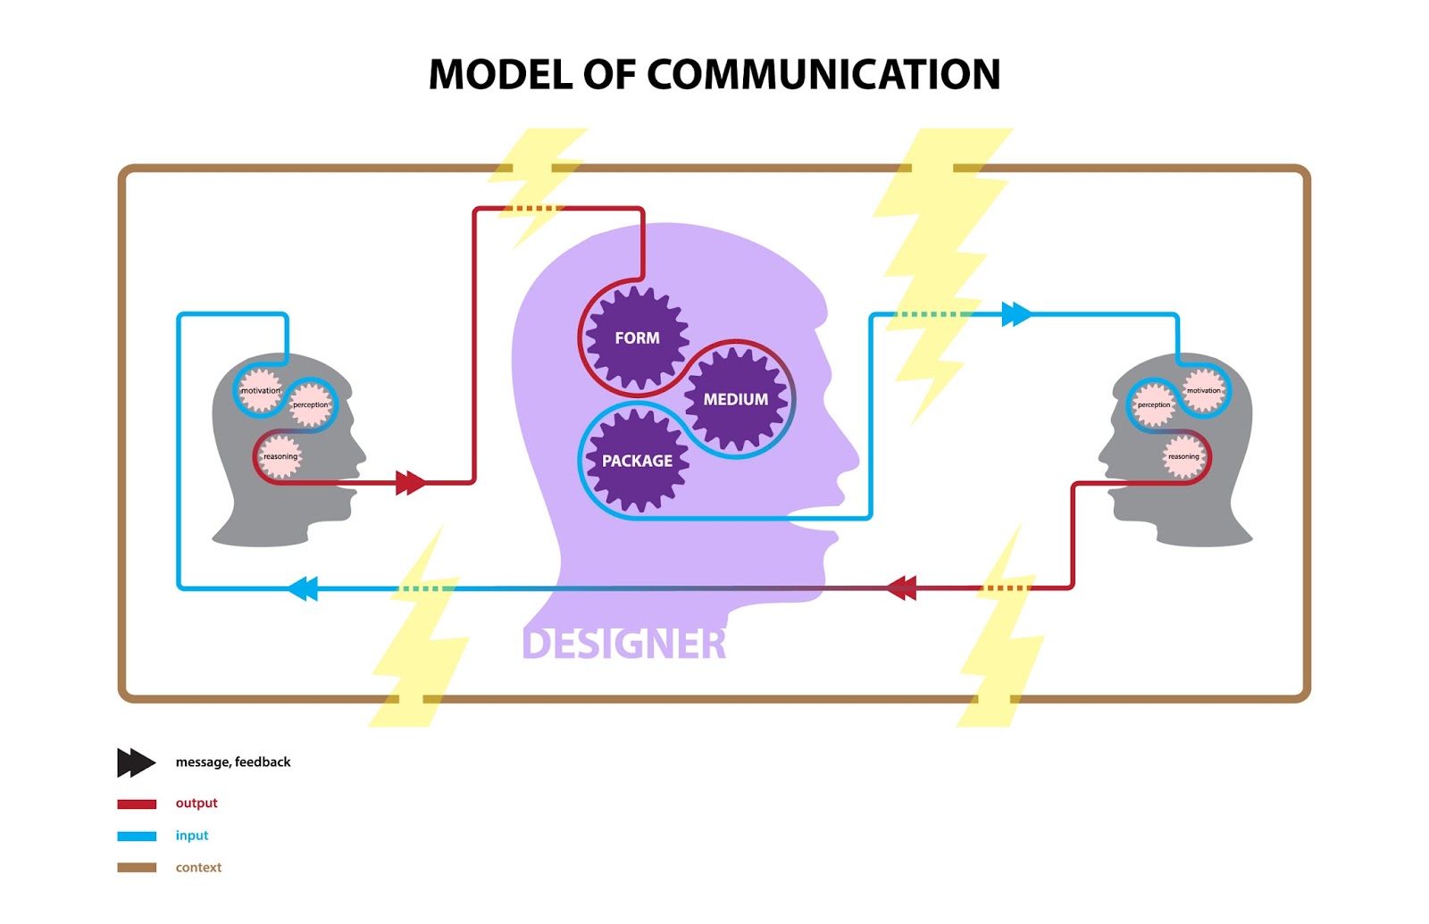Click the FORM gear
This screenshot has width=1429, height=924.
click(637, 338)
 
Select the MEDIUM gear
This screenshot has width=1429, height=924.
click(735, 399)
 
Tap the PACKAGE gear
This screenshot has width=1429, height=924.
click(637, 461)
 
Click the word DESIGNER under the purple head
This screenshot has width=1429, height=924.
click(623, 644)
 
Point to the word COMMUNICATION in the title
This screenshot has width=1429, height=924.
click(823, 74)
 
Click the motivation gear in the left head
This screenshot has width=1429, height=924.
click(260, 391)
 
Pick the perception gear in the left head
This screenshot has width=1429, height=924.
click(310, 404)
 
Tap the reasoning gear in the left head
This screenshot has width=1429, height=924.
click(280, 456)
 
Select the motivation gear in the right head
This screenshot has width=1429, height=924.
click(1203, 391)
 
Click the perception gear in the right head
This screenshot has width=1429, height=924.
click(1153, 404)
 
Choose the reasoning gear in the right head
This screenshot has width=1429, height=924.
click(1183, 456)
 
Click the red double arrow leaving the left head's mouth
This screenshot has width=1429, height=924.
click(410, 483)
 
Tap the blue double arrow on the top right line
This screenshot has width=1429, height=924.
click(1016, 314)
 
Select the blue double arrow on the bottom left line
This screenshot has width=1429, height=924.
click(304, 588)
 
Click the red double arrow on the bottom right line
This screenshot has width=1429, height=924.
click(901, 588)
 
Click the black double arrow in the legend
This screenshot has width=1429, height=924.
click(136, 762)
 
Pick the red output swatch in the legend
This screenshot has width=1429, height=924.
click(137, 803)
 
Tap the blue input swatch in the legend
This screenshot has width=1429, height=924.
click(137, 837)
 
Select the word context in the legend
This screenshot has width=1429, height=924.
click(198, 868)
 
